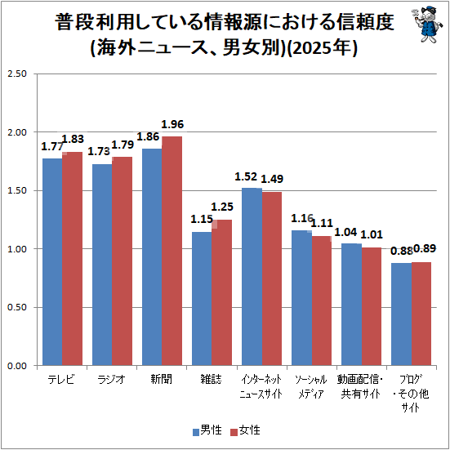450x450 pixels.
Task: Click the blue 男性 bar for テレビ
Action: pyautogui.click(x=52, y=261)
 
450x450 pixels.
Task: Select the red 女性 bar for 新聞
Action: pyautogui.click(x=172, y=251)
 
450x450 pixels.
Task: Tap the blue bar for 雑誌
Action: pyautogui.click(x=202, y=298)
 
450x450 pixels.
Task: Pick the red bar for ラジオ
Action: pyautogui.click(x=122, y=261)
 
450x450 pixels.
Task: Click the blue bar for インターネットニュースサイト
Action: pyautogui.click(x=252, y=277)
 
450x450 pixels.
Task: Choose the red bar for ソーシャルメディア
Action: pyautogui.click(x=322, y=301)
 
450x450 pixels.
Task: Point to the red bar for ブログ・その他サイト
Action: pyautogui.click(x=421, y=314)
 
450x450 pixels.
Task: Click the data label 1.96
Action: pyautogui.click(x=172, y=124)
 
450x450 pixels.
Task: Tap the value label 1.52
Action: pyautogui.click(x=246, y=176)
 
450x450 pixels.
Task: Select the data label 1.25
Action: pyautogui.click(x=222, y=207)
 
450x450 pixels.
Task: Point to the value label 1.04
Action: pyautogui.click(x=345, y=232)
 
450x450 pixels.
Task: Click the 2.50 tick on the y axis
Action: pyautogui.click(x=17, y=74)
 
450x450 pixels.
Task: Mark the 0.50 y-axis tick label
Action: pyautogui.click(x=17, y=307)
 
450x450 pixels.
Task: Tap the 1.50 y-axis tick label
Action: pyautogui.click(x=17, y=190)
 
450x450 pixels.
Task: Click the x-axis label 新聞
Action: pyautogui.click(x=161, y=380)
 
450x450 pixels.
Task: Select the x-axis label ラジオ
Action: pyautogui.click(x=111, y=380)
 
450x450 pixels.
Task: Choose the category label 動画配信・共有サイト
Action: pyautogui.click(x=360, y=386)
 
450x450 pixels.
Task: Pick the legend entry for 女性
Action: pyautogui.click(x=246, y=430)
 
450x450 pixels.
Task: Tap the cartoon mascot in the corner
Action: pyautogui.click(x=425, y=25)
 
